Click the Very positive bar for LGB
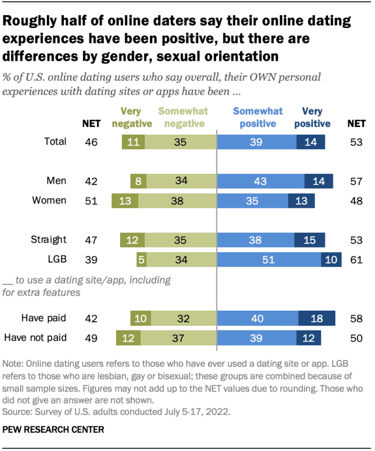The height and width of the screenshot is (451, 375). click(332, 259)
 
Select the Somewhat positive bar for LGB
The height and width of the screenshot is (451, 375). click(269, 259)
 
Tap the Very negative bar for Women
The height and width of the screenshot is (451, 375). click(125, 201)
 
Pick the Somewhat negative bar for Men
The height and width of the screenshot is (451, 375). click(182, 181)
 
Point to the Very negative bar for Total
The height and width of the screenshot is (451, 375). click(133, 141)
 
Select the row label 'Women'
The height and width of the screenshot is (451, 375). click(49, 201)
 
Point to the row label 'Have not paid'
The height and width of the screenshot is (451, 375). click(35, 338)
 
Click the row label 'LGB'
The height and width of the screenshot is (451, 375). click(56, 259)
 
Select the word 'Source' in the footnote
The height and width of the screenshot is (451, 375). click(19, 411)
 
